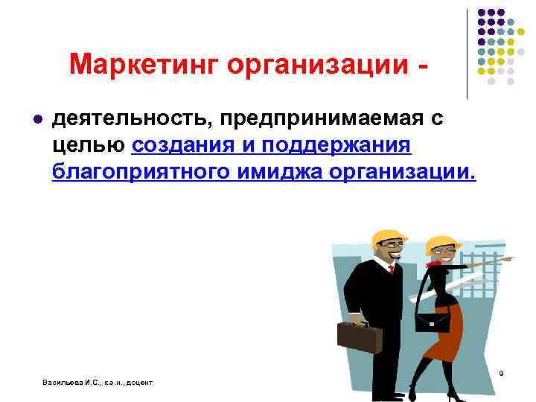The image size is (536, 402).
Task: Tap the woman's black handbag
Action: click(x=432, y=320)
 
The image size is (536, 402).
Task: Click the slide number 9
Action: click(x=501, y=372)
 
